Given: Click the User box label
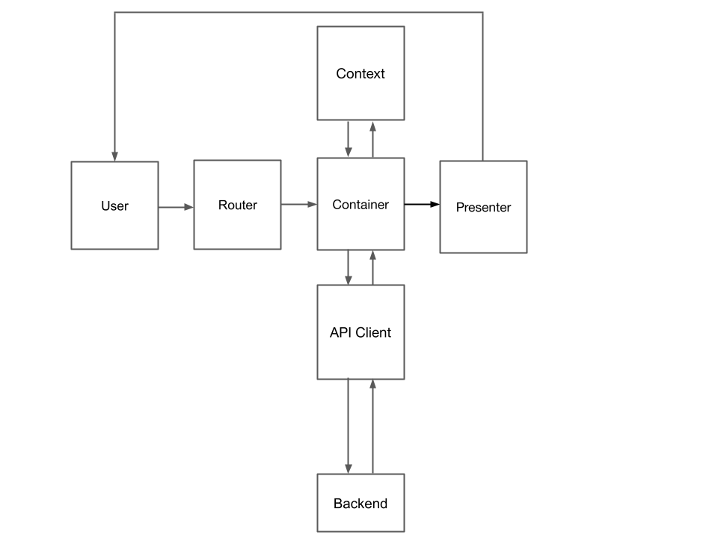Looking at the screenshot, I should click(x=114, y=206).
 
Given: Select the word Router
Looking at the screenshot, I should click(x=237, y=205).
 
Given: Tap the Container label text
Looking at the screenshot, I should click(x=360, y=205).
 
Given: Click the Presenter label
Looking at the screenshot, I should click(x=483, y=208).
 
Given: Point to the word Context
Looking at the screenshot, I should click(x=360, y=73).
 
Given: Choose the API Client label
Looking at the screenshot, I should click(x=360, y=333).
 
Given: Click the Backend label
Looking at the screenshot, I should click(x=360, y=504).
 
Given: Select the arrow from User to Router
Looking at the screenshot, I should click(x=176, y=207).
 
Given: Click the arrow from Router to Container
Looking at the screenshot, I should click(x=299, y=203).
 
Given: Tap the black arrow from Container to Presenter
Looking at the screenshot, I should click(x=422, y=203).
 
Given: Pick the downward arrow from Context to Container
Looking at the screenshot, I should click(x=349, y=139).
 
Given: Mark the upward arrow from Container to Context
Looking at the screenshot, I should click(x=372, y=139).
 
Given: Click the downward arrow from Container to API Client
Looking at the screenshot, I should click(x=349, y=268).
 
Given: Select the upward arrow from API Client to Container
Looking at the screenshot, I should click(x=372, y=268).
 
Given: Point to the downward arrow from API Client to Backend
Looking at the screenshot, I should click(x=349, y=426).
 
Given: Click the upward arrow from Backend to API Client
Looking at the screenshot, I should click(x=372, y=426).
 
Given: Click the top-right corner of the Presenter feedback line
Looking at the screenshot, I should click(x=482, y=12).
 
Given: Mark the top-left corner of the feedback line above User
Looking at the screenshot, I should click(x=114, y=12).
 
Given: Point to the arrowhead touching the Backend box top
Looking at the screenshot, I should click(x=349, y=469).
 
